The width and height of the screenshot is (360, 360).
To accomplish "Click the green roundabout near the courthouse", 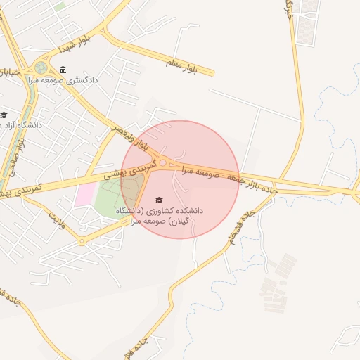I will [40, 68].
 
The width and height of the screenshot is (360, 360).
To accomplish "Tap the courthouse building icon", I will [64, 69].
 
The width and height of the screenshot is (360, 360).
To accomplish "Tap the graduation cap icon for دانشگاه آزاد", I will [4, 115].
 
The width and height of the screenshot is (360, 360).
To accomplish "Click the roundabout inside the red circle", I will [163, 163].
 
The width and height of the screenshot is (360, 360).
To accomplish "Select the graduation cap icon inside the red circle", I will [157, 200].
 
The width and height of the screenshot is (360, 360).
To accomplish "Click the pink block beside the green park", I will [84, 194].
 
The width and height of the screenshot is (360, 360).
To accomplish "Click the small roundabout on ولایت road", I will [81, 241].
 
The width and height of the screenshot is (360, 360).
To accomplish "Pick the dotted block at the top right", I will [306, 21].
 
